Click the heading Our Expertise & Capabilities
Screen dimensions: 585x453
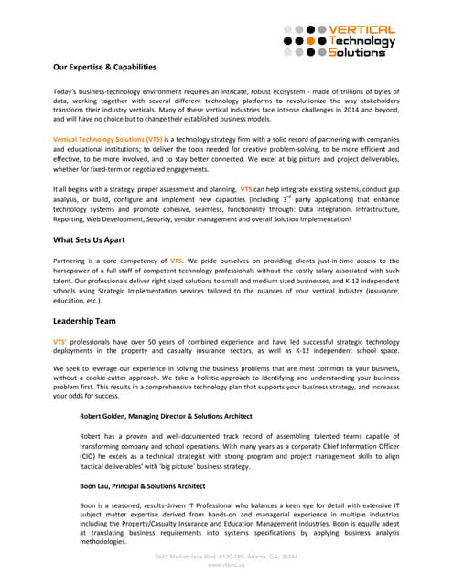(x=104, y=68)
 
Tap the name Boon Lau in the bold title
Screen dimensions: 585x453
(x=98, y=485)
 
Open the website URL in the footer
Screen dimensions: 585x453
(x=226, y=566)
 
